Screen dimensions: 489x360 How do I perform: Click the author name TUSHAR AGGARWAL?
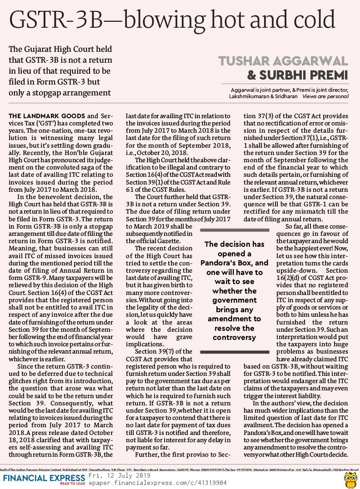click(283, 60)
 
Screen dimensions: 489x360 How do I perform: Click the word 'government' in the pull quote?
click(235, 300)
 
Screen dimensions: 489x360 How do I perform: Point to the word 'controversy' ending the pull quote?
click(235, 338)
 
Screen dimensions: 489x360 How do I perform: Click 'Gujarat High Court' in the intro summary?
click(60, 49)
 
